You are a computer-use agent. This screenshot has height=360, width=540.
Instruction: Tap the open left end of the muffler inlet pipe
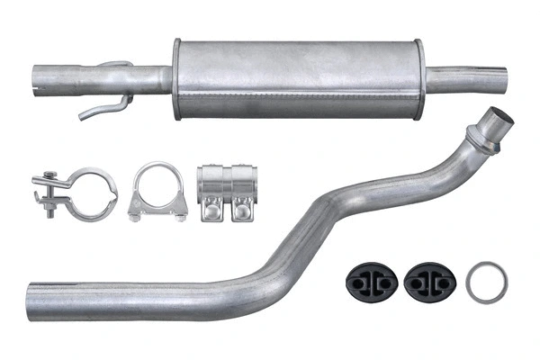(39, 78)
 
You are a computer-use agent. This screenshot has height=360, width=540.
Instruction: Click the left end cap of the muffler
(177, 78)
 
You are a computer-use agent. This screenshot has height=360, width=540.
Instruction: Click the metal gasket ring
(487, 282)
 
